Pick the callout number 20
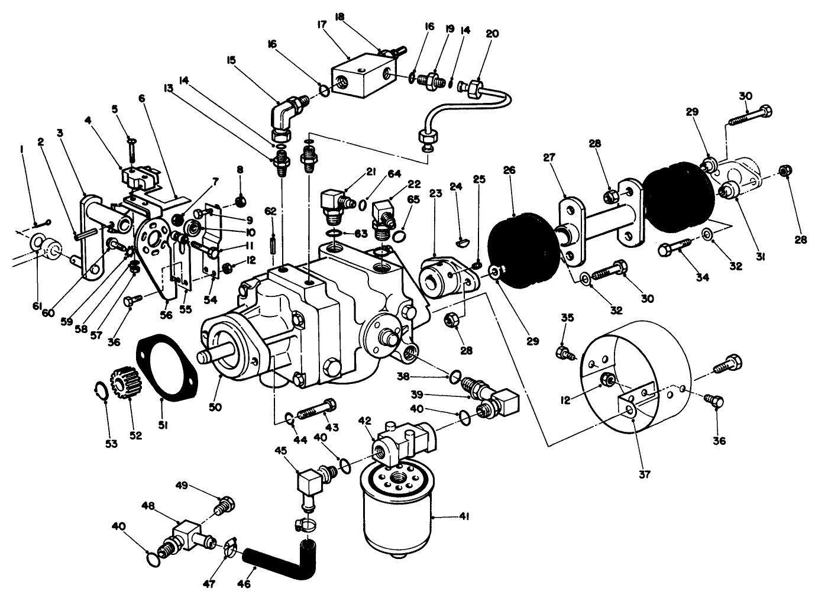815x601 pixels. click(x=492, y=34)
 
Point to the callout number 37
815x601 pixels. click(x=645, y=474)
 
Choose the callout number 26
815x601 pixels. click(x=510, y=170)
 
